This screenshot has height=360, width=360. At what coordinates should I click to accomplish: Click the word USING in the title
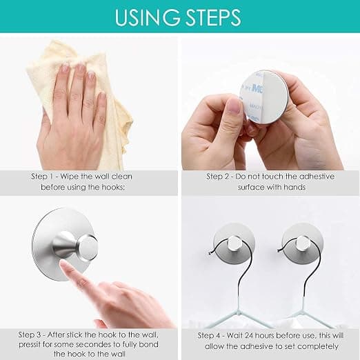pos(147,17)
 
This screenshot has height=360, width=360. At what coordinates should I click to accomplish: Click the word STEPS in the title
pos(214,17)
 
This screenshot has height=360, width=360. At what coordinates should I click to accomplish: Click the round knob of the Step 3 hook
pos(88,247)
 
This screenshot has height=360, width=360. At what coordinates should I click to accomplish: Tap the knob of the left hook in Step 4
pos(234,244)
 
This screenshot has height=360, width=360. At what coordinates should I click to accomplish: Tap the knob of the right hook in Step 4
pos(302,243)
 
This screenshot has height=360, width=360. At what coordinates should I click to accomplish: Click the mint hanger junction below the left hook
pos(239,312)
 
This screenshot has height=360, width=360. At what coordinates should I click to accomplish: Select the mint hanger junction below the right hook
pos(301,312)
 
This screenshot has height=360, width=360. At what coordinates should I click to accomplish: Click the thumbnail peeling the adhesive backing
pos(234,108)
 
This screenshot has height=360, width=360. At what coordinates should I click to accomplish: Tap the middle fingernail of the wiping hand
pos(80,68)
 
